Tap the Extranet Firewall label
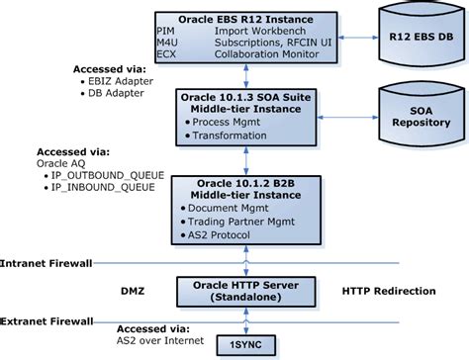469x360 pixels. (x=47, y=321)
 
